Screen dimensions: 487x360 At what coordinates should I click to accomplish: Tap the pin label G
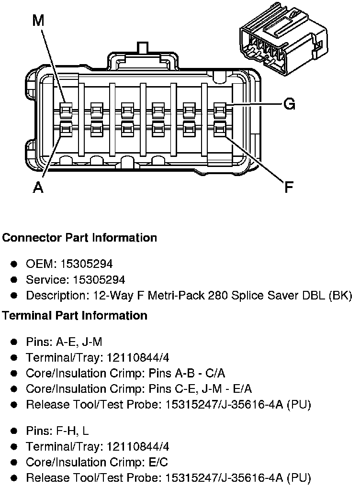(289, 104)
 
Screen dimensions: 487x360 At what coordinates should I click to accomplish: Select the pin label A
(38, 188)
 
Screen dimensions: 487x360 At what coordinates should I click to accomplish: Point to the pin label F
(288, 187)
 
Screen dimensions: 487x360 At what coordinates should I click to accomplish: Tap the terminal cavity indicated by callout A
(66, 128)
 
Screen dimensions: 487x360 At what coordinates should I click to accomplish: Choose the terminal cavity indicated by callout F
(220, 128)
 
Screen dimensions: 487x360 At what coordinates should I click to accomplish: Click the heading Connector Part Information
(79, 238)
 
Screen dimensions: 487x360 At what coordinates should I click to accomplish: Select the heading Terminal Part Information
(75, 316)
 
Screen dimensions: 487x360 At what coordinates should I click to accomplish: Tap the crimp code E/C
(157, 462)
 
